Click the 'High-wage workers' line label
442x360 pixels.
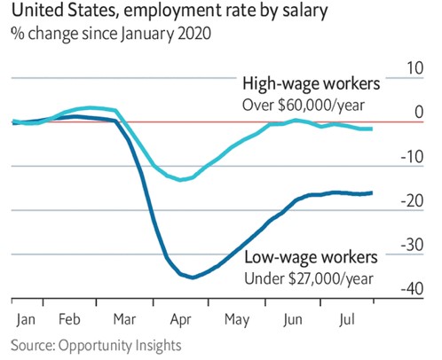(x=311, y=85)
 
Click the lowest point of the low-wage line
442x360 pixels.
(x=192, y=278)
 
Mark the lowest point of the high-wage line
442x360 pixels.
(x=181, y=180)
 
